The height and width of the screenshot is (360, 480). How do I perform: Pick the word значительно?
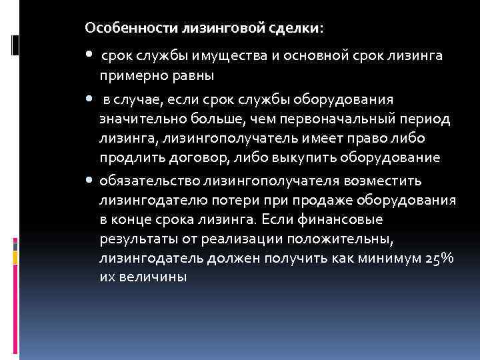tap(140, 119)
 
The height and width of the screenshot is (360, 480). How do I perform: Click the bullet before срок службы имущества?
tap(90, 56)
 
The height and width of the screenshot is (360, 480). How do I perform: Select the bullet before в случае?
tap(90, 99)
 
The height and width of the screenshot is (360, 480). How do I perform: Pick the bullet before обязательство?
tap(90, 181)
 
